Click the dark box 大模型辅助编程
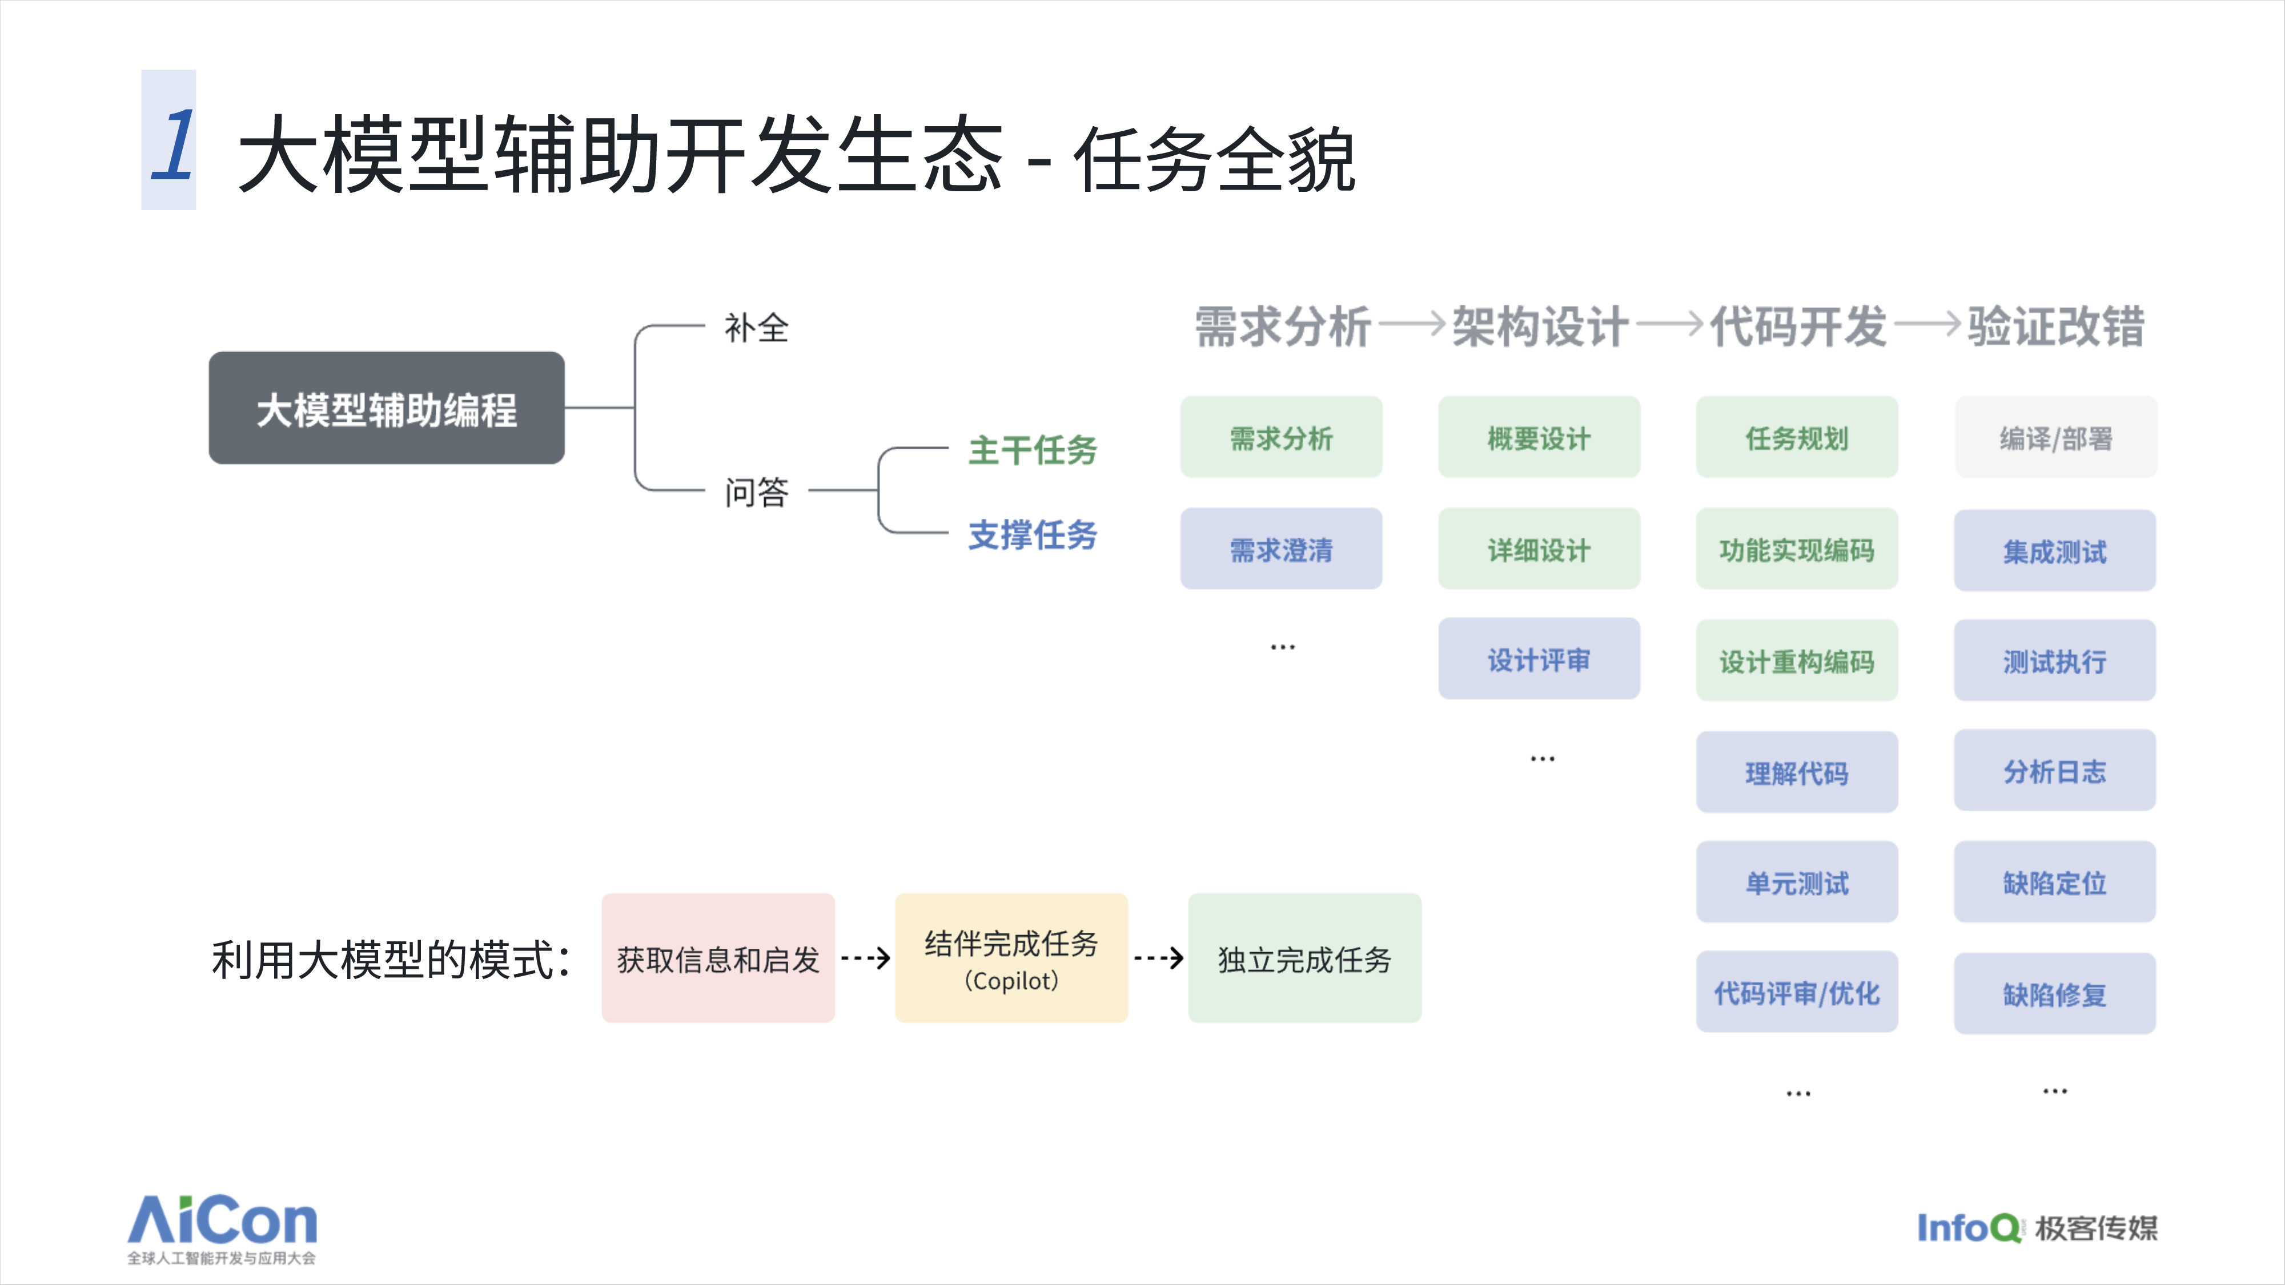387,408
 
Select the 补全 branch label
756,328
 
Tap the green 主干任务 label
1033,450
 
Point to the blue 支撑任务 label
1033,535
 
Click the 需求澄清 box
1281,549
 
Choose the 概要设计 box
1539,437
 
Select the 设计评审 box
1539,659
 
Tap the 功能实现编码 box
1797,549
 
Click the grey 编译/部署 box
2056,437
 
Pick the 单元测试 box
1797,883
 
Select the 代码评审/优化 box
1797,992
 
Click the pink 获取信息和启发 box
718,958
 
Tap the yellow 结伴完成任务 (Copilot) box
1011,958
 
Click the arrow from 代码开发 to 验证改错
1927,325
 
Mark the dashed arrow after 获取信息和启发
865,958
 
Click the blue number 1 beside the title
172,144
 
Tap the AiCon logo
223,1229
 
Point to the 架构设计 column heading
1540,327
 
